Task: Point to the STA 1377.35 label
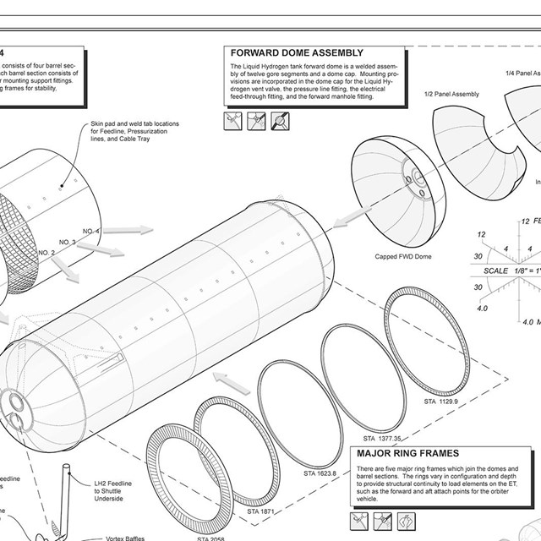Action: coord(382,439)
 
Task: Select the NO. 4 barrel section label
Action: coord(91,231)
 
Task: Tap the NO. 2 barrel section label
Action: coord(46,252)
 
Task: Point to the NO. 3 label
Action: coord(68,242)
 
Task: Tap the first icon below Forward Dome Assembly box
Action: coord(233,122)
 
